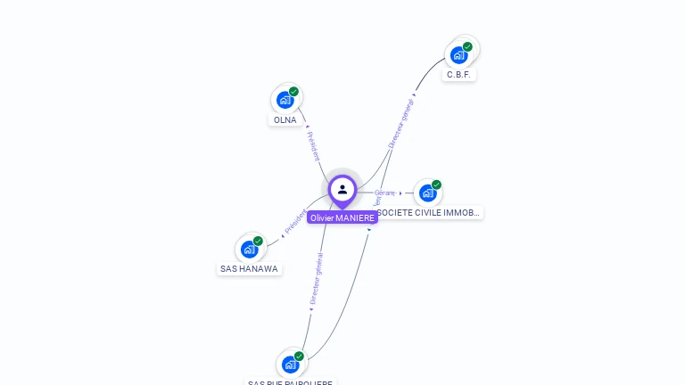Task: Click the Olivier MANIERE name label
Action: point(342,217)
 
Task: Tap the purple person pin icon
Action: point(342,189)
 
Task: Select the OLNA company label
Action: point(285,119)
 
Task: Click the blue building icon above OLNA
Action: point(285,100)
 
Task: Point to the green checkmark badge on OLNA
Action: point(293,91)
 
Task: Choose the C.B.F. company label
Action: point(458,74)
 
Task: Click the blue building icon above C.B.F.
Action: point(458,55)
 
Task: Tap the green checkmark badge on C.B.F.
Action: point(467,46)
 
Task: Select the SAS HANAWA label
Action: point(249,268)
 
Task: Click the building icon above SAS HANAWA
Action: point(249,249)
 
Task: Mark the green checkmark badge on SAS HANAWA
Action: point(258,241)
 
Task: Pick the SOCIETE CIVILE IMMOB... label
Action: point(429,212)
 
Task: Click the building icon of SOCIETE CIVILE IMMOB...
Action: point(427,192)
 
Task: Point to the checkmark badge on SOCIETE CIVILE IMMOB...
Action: point(436,184)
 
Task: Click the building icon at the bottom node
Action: point(290,364)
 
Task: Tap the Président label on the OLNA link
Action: point(313,145)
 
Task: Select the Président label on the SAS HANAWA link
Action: point(294,222)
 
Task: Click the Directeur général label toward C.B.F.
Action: point(401,119)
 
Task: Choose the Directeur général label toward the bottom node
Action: point(316,279)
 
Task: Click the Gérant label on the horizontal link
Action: point(384,192)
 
